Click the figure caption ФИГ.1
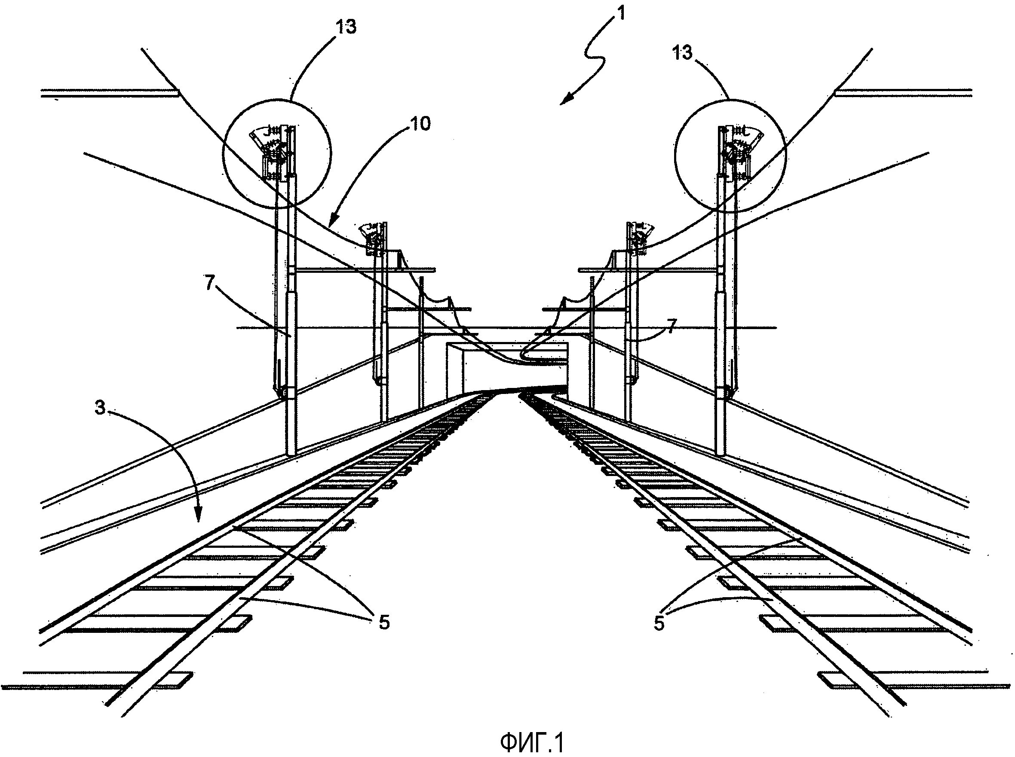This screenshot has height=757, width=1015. coord(531,743)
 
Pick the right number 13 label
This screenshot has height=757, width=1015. coord(682,53)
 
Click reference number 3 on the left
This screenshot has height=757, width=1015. coord(100,407)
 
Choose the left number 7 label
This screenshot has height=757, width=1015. coord(209,284)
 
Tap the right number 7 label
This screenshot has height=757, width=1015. coord(671,327)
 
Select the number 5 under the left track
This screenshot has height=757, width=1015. coord(384,622)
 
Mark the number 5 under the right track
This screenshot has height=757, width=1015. coord(659,623)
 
